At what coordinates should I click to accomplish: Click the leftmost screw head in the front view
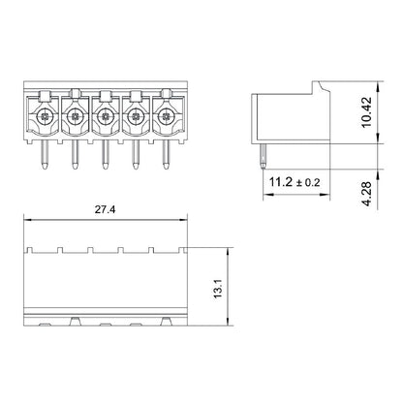[x=46, y=119]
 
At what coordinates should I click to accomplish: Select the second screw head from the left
[x=75, y=119]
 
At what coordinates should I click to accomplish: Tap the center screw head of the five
[x=103, y=119]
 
